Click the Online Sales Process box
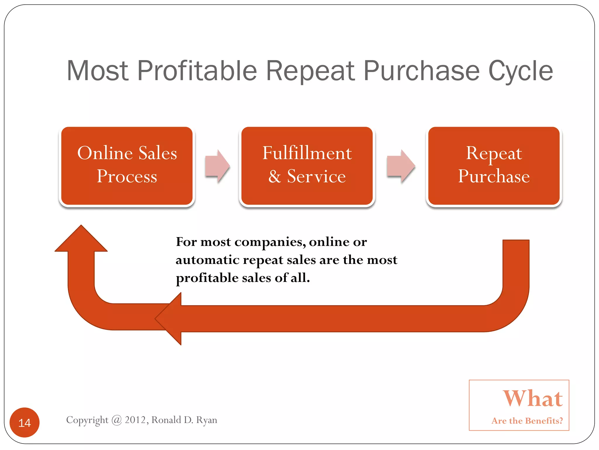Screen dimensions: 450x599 [127, 166]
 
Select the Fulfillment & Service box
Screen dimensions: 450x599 [307, 166]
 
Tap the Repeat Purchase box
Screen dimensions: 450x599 [494, 166]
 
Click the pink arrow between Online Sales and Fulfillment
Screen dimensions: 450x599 [217, 166]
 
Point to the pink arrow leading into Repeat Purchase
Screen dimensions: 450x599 [401, 166]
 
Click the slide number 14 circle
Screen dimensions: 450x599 [25, 422]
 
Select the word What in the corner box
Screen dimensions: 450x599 [532, 398]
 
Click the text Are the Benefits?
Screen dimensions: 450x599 [527, 421]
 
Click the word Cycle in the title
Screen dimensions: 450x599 [521, 71]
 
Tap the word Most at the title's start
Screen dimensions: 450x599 [97, 71]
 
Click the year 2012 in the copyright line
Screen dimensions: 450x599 [135, 420]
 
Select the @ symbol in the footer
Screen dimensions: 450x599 [116, 420]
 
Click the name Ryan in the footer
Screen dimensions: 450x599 [206, 420]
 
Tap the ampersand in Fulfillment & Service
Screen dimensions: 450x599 [275, 177]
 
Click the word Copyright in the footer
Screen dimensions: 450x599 [87, 420]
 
